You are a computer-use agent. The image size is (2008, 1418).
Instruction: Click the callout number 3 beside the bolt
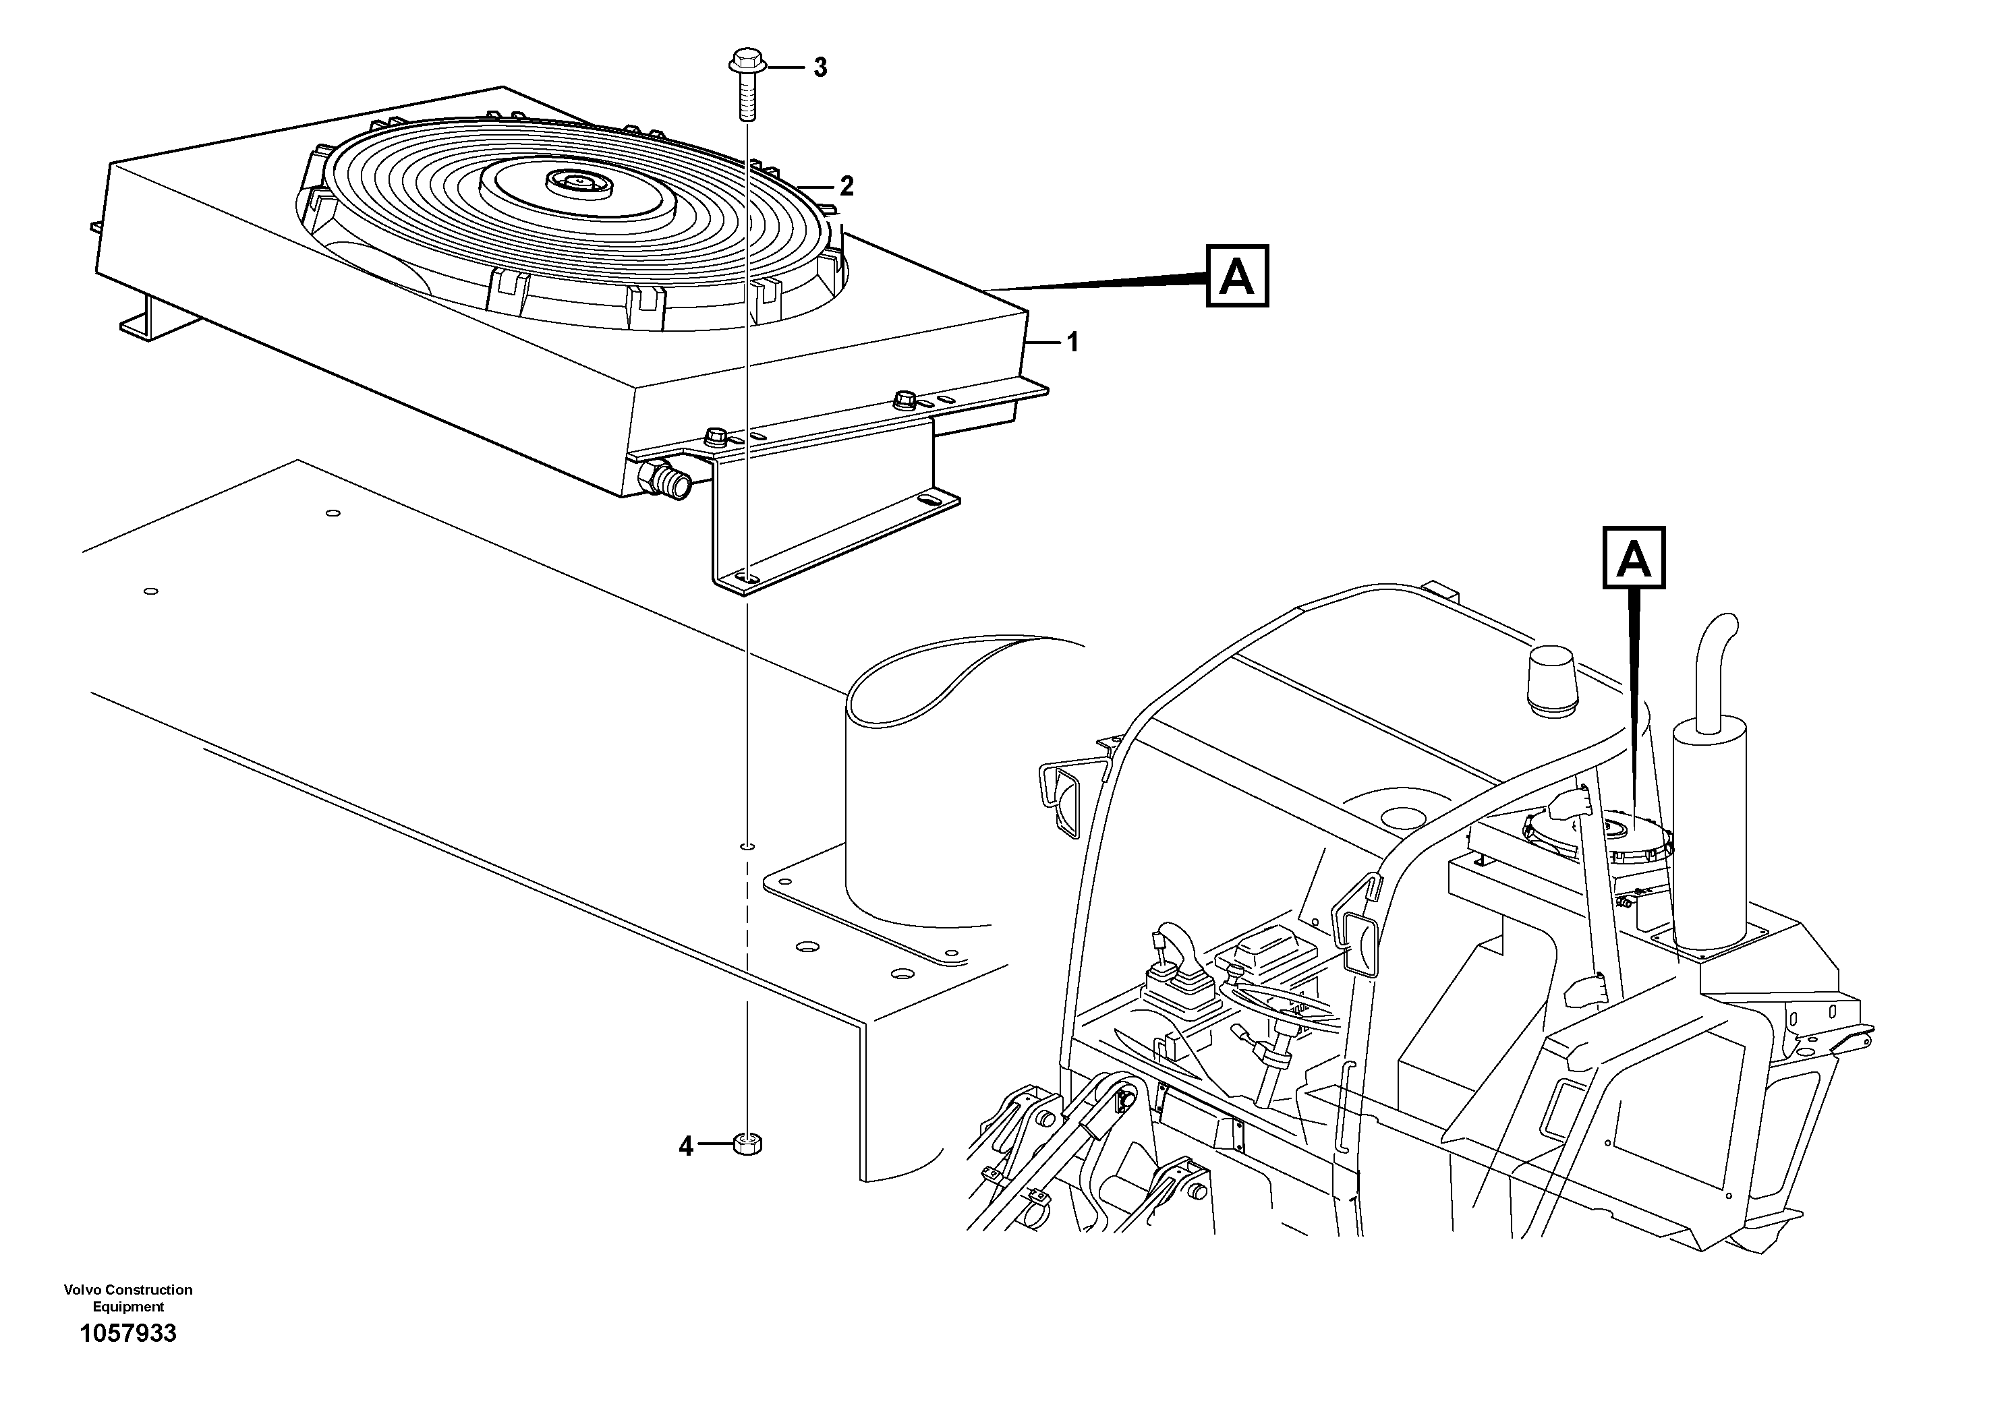(820, 67)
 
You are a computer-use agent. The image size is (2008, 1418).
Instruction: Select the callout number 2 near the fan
(846, 185)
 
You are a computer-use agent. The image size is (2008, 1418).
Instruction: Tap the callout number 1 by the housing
(1072, 342)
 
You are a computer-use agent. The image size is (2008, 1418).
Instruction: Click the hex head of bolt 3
(747, 62)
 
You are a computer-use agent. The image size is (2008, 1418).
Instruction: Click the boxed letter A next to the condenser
(1236, 276)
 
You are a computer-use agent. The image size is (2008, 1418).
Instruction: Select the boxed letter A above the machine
(1633, 558)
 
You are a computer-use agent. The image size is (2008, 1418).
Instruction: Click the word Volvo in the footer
(84, 1289)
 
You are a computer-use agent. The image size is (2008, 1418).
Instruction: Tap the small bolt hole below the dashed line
(746, 846)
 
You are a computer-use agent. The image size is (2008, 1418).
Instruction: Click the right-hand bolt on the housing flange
(905, 401)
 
